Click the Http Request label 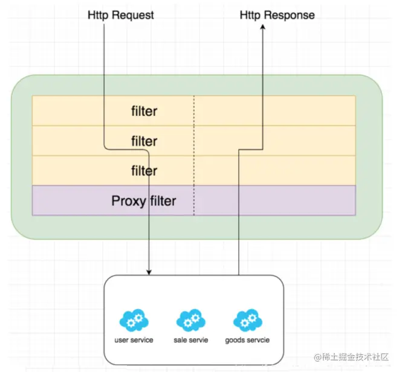tap(121, 15)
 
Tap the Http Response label tap(277, 15)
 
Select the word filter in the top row tap(144, 111)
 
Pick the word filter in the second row tap(144, 141)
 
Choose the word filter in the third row tap(144, 171)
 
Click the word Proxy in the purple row tap(129, 201)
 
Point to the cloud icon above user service tap(134, 320)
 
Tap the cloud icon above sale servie tap(191, 320)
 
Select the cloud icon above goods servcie tap(248, 320)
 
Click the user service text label tap(134, 340)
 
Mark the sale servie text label tap(191, 340)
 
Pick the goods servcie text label tap(247, 340)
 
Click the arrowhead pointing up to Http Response tap(263, 27)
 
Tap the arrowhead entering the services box tap(149, 272)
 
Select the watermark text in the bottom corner tap(351, 357)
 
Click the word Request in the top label tap(133, 16)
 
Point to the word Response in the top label tap(290, 16)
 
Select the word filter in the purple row tap(163, 201)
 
